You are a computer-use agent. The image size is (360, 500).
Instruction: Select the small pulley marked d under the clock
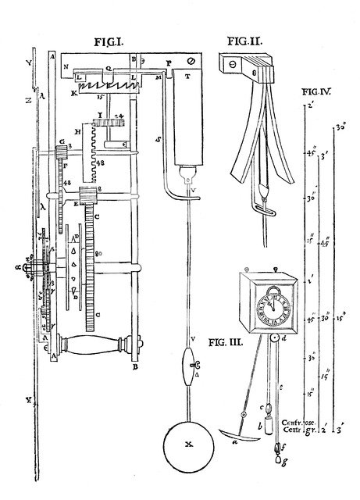click(x=273, y=337)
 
